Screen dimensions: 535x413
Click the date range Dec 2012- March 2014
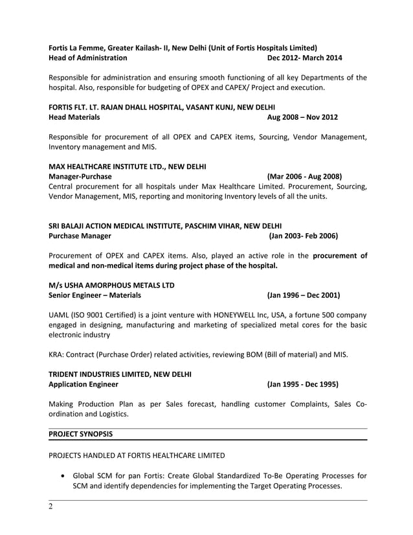(x=304, y=58)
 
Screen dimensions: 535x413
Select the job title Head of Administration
(x=88, y=58)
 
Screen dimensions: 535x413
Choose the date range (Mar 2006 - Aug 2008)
(x=304, y=176)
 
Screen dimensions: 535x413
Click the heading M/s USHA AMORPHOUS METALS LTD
(x=111, y=285)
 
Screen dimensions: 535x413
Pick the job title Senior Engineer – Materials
(x=95, y=295)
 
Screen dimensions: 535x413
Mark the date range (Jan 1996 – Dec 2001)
(x=304, y=295)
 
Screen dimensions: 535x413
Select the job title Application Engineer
(x=84, y=384)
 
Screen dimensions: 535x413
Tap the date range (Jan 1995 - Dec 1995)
(x=302, y=384)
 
